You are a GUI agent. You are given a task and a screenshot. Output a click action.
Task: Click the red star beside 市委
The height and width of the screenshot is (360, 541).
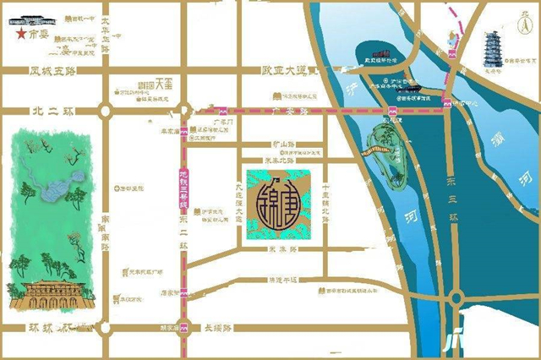click(x=19, y=35)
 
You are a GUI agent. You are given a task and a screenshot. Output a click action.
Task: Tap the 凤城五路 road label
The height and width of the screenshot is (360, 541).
click(x=52, y=72)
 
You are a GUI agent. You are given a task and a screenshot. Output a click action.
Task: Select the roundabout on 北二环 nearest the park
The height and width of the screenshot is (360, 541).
click(x=106, y=110)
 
